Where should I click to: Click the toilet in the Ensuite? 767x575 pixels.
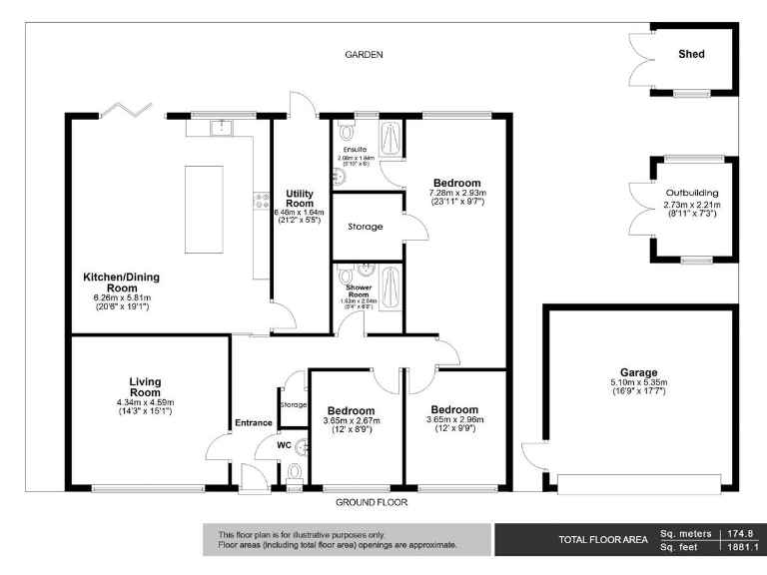346,132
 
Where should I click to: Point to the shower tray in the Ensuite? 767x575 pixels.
392,140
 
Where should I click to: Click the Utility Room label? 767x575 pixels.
300,199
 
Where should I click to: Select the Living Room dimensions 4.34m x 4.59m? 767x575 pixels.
145,402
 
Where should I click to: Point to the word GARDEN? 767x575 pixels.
365,55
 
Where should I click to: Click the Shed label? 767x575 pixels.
691,54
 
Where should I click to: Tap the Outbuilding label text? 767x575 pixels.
692,193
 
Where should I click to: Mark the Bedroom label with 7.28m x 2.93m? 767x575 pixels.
455,183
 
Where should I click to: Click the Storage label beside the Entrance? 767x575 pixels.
293,404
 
